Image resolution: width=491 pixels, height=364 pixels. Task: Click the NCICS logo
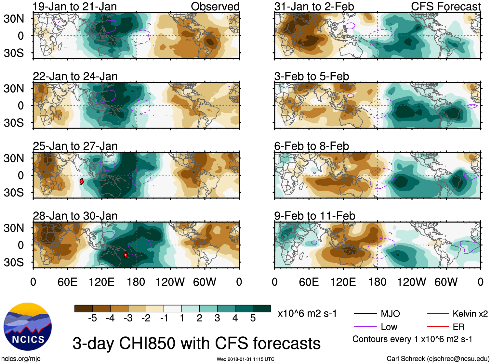click(x=28, y=326)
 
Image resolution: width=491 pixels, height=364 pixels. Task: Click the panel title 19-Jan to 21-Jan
click(x=75, y=6)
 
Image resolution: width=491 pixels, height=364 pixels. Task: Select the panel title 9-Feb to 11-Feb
click(x=314, y=216)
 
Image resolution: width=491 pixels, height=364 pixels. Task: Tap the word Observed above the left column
click(x=215, y=6)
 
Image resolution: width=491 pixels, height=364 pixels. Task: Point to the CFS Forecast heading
click(x=445, y=6)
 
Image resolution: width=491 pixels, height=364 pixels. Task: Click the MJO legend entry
click(x=390, y=314)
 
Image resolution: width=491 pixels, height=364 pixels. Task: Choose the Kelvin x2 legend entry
click(x=470, y=314)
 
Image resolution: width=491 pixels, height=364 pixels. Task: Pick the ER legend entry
click(x=458, y=327)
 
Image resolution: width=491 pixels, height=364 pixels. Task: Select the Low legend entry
click(x=389, y=327)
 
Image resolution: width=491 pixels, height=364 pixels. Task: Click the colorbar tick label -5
click(x=92, y=318)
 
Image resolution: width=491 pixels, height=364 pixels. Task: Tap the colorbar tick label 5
click(x=253, y=318)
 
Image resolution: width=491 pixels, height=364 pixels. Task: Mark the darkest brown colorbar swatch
click(x=84, y=308)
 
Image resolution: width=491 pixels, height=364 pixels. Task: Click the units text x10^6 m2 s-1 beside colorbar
click(x=307, y=314)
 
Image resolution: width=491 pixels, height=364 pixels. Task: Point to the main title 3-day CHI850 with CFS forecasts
click(x=196, y=344)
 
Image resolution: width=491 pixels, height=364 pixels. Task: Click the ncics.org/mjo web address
click(x=21, y=359)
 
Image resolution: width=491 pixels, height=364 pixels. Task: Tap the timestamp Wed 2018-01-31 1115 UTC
click(x=245, y=359)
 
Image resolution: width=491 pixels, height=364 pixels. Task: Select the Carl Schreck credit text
click(x=438, y=359)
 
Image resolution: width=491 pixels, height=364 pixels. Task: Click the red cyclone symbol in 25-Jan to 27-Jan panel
click(x=82, y=181)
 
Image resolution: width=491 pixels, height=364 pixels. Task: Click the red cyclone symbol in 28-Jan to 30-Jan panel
click(x=126, y=255)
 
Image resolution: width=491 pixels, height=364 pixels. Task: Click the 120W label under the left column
click(x=170, y=282)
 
